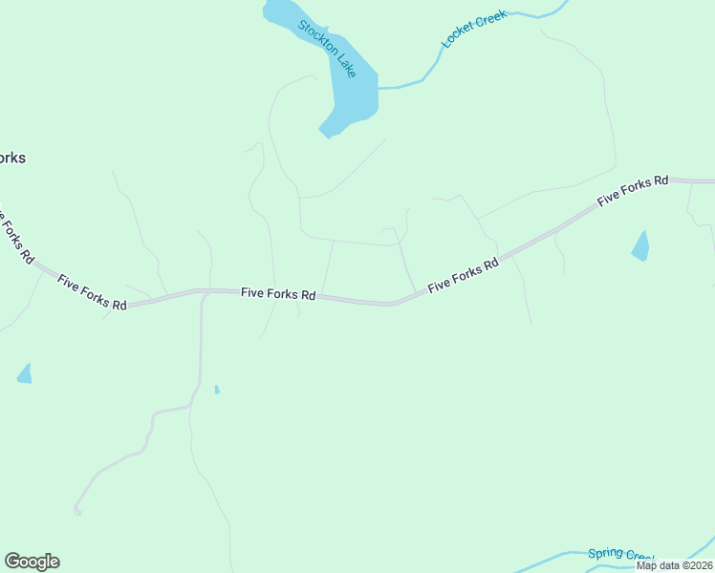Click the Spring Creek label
coord(618,554)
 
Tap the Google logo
coord(32,562)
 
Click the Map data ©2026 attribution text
coord(675,565)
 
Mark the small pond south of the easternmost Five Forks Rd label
coord(640,246)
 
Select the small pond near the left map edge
coord(24,374)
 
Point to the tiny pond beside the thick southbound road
coord(217,389)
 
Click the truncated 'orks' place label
coord(11,158)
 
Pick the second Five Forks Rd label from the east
coord(463,275)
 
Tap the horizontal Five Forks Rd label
coord(278,294)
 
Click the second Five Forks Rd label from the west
coord(92,292)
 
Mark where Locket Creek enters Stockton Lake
coord(379,88)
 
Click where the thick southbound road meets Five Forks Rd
coord(205,295)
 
